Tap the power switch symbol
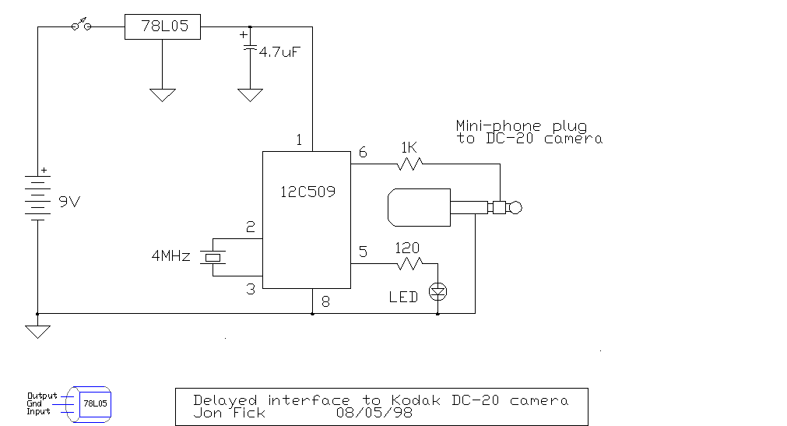click(81, 26)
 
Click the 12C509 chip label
click(307, 191)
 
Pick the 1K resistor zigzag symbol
click(409, 164)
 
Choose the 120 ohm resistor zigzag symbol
click(408, 265)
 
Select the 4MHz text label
click(171, 255)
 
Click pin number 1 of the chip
click(299, 140)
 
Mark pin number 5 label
click(363, 252)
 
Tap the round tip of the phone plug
click(515, 207)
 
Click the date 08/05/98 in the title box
click(374, 413)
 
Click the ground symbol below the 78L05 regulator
click(162, 95)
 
